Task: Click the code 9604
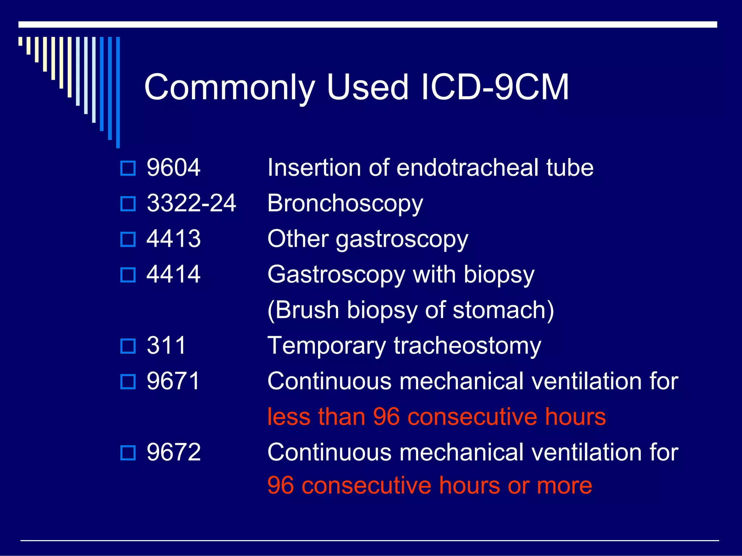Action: [x=173, y=168]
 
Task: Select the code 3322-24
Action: [x=191, y=203]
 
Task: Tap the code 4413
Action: [x=173, y=239]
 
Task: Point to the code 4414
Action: [x=173, y=274]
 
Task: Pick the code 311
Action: [x=166, y=345]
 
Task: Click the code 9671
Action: [x=173, y=381]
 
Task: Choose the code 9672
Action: [x=173, y=452]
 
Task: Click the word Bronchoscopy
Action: [x=345, y=204]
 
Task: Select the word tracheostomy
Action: [x=467, y=346]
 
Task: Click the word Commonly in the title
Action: [x=229, y=88]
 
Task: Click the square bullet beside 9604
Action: [x=128, y=168]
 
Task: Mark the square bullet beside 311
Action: [x=128, y=346]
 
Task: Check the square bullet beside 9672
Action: [x=128, y=453]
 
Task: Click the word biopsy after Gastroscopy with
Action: [x=499, y=275]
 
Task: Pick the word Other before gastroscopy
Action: [x=298, y=239]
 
